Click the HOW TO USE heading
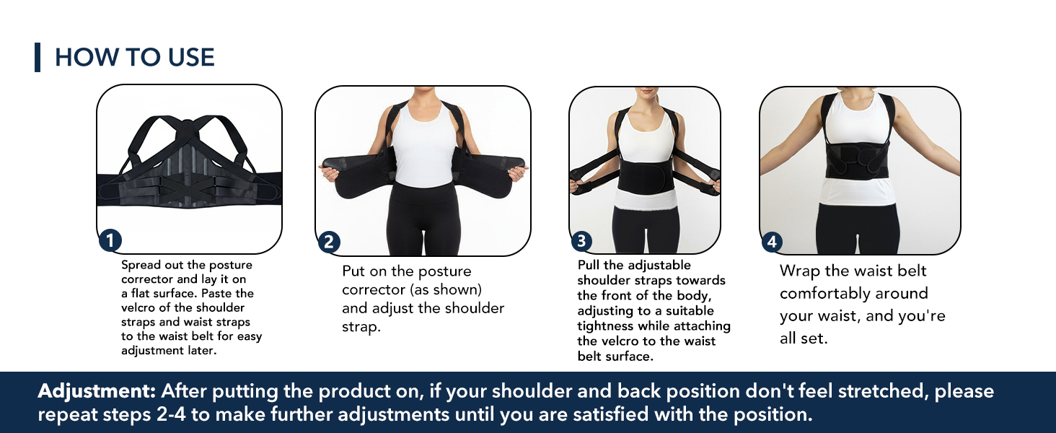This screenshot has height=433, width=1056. tap(135, 58)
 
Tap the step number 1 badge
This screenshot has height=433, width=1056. tap(110, 241)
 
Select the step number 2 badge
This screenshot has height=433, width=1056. tap(329, 242)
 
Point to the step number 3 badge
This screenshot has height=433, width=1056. tap(581, 242)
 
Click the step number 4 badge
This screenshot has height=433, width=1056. tap(772, 242)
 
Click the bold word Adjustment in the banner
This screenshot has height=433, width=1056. tap(97, 391)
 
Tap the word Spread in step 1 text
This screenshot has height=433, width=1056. tap(143, 265)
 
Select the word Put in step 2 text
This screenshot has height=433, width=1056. tap(354, 271)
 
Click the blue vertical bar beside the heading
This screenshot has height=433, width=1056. tap(38, 58)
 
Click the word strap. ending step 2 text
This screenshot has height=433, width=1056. tap(360, 327)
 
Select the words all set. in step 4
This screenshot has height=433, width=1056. tap(804, 338)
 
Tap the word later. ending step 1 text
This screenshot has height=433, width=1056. tap(196, 351)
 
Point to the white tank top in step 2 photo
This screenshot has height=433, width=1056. tap(423, 144)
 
